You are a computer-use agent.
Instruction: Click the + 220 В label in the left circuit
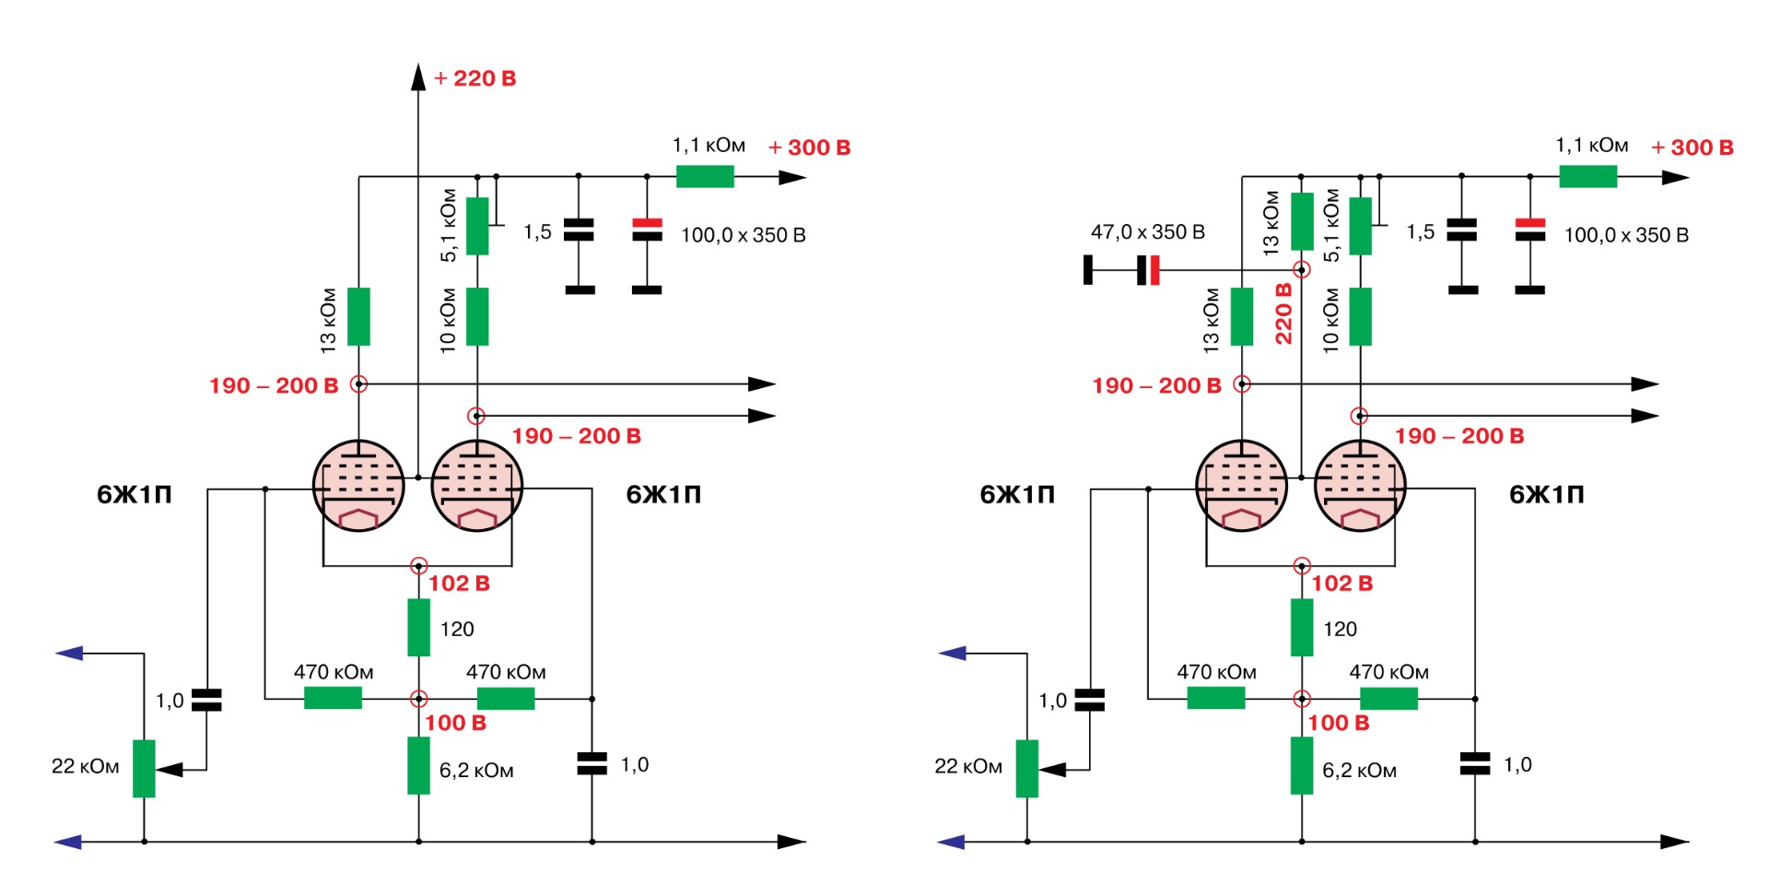click(475, 79)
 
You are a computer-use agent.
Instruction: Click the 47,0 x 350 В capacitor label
click(1147, 232)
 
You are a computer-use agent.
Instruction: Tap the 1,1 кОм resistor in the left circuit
click(705, 176)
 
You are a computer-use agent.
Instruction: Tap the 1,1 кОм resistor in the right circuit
click(1587, 176)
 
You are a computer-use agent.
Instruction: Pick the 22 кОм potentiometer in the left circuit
click(144, 768)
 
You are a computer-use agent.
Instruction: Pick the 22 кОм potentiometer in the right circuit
click(1027, 768)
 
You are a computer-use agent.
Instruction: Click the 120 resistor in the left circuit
click(418, 628)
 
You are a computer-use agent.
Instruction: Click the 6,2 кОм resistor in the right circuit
click(1301, 765)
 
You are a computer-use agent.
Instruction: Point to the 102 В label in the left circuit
click(459, 584)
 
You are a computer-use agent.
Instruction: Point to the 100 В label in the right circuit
click(1339, 724)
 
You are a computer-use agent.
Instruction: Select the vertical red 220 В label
click(1283, 313)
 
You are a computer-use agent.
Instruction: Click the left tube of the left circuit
click(358, 486)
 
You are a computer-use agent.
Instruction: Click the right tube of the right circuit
click(1360, 486)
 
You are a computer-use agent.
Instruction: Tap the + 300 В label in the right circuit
click(1693, 147)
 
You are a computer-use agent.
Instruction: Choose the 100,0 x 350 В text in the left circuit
click(743, 236)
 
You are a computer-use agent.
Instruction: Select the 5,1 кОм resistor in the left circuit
click(477, 226)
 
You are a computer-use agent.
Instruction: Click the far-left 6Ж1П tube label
click(135, 495)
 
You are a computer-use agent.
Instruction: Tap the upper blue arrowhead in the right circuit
click(953, 654)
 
